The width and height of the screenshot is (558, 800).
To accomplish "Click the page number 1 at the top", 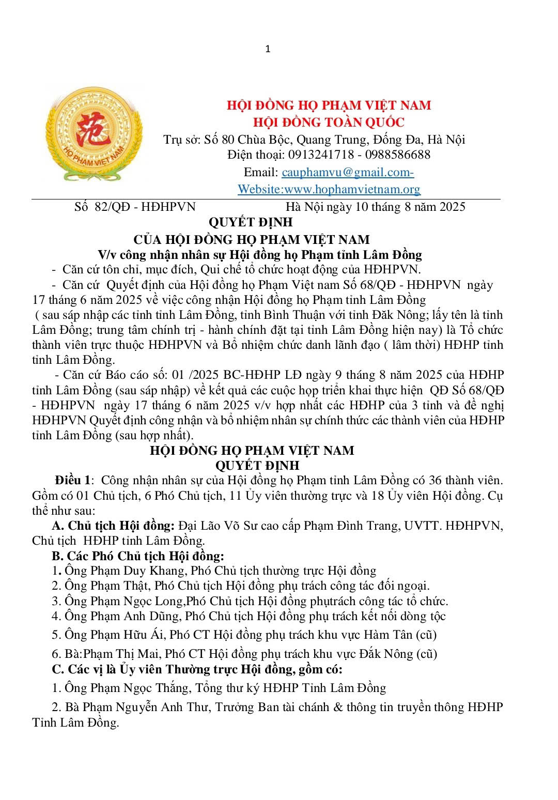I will click(x=268, y=49).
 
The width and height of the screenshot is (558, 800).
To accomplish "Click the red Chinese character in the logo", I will click(x=94, y=128).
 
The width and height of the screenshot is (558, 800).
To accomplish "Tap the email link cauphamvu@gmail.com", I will click(x=348, y=172).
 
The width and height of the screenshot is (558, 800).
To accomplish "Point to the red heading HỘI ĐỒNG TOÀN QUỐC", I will click(x=329, y=122).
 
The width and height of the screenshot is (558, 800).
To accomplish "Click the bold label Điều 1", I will click(x=73, y=481).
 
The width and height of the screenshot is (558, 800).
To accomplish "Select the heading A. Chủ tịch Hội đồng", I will click(x=113, y=526).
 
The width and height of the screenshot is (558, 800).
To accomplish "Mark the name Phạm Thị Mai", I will click(x=117, y=654).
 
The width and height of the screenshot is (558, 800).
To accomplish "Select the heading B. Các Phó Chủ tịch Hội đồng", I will click(x=138, y=556).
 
